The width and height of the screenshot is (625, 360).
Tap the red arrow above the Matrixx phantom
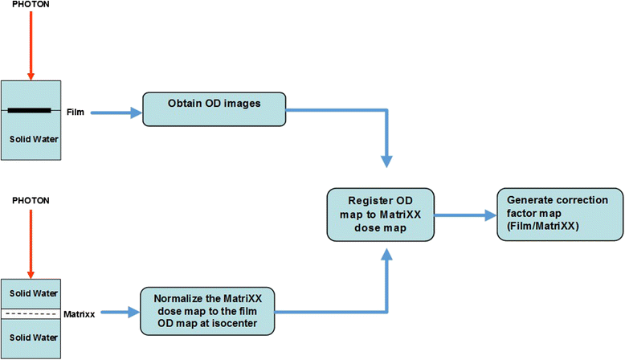pos(31,241)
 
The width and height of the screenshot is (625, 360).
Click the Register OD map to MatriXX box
pos(381,215)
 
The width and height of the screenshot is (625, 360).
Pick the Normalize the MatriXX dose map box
pos(206,311)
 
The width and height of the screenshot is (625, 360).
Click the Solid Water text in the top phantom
pos(31,139)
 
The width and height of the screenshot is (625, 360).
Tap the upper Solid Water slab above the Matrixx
pos(31,292)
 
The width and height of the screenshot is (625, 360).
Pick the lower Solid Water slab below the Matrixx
pos(31,335)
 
